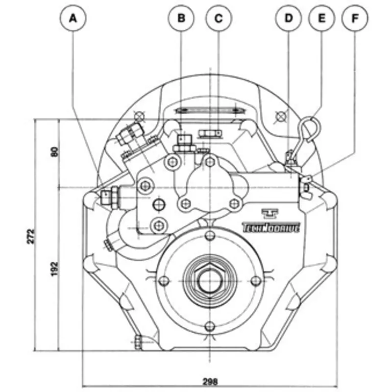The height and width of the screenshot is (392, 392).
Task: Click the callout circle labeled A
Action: pos(73,19)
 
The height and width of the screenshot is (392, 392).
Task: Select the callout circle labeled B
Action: pos(181,19)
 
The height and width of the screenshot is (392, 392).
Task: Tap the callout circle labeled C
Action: pos(219,19)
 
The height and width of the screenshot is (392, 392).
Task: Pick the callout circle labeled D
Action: pos(289,19)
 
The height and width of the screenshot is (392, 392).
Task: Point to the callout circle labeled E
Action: pos(321,19)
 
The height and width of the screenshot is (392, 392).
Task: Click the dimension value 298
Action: pos(209,381)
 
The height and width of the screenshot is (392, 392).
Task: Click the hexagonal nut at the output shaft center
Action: pos(210,280)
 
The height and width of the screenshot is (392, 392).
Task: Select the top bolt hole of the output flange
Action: pos(210,236)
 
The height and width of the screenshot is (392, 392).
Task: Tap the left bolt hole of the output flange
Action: pos(165,280)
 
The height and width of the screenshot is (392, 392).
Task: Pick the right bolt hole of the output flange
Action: pos(255,280)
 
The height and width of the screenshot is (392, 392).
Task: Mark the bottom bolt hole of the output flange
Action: pos(210,326)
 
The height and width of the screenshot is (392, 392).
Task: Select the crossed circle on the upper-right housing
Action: pos(280,116)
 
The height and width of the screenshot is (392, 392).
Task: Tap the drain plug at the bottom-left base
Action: pos(139,342)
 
